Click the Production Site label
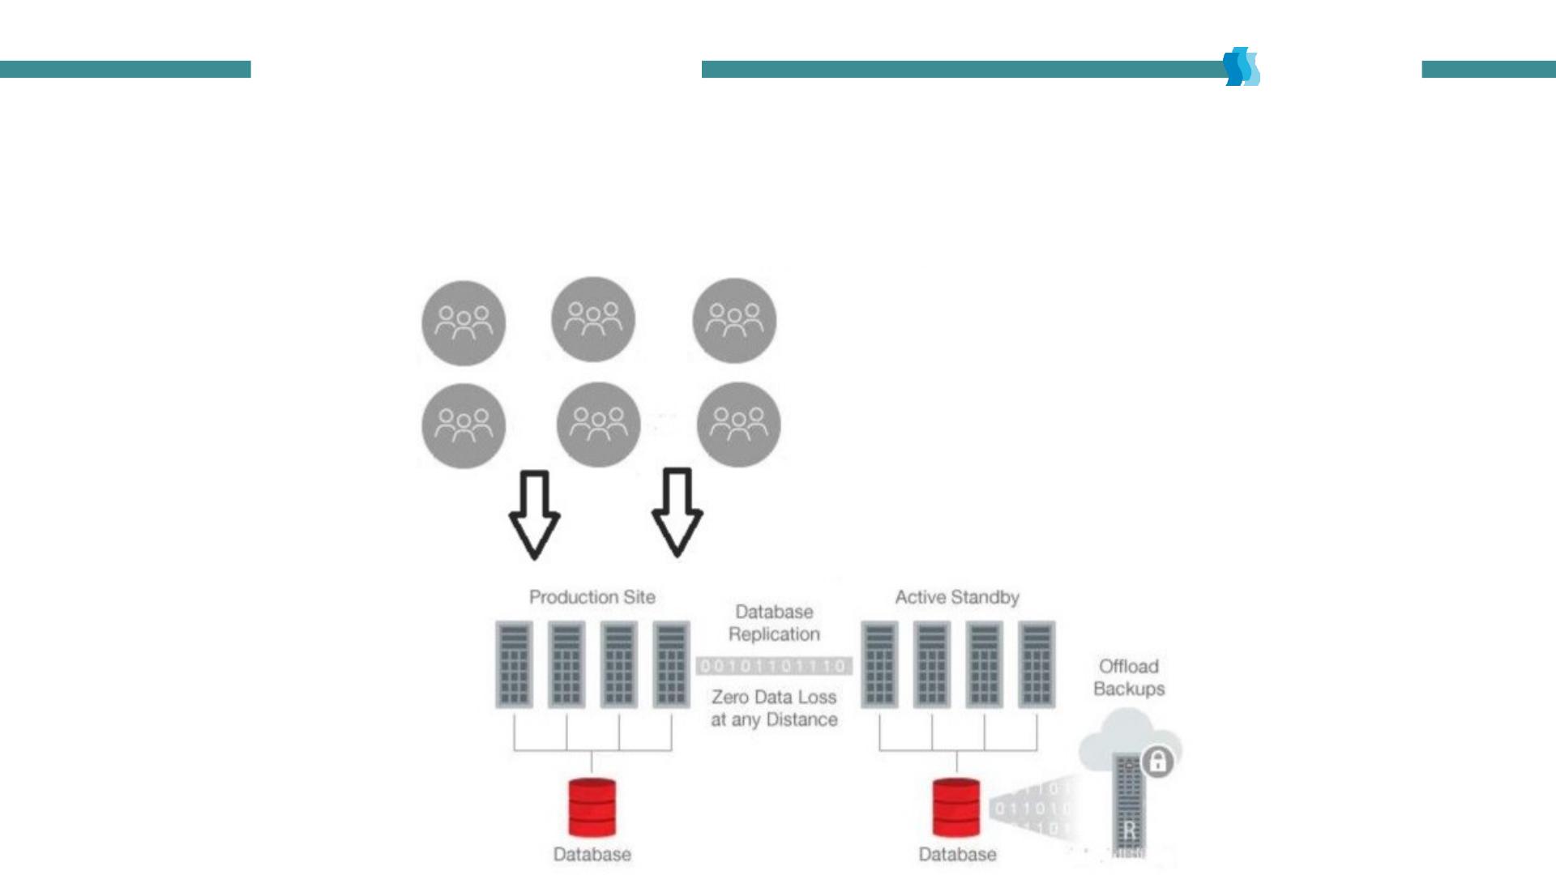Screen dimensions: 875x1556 (592, 597)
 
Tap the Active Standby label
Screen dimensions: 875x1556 (956, 597)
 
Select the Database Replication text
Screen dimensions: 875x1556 (774, 623)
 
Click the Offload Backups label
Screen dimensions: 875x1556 (1129, 677)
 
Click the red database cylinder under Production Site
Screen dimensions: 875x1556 (592, 807)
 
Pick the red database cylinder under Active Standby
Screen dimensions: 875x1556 (956, 807)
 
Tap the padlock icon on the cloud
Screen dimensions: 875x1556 (1157, 762)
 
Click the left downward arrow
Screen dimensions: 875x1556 (534, 514)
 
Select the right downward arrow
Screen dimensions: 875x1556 (677, 512)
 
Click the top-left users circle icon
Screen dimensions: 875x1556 (464, 322)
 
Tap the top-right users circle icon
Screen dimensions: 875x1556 (734, 320)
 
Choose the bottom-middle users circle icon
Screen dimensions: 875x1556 (598, 425)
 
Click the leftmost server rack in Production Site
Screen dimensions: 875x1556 (514, 664)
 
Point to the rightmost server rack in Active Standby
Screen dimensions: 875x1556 (1037, 664)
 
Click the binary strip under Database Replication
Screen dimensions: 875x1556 (774, 666)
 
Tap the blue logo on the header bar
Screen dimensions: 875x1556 (1242, 66)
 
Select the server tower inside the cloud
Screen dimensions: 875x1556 (1129, 806)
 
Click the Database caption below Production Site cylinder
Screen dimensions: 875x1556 (592, 854)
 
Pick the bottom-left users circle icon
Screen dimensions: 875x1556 (464, 425)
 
